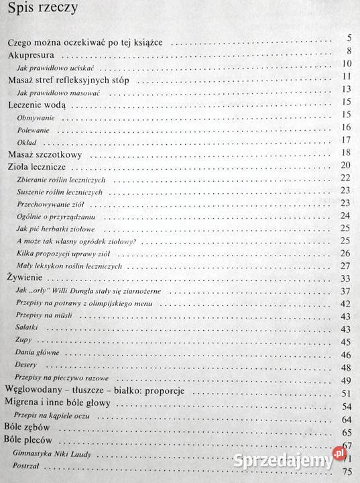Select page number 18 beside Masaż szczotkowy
[347, 154]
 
